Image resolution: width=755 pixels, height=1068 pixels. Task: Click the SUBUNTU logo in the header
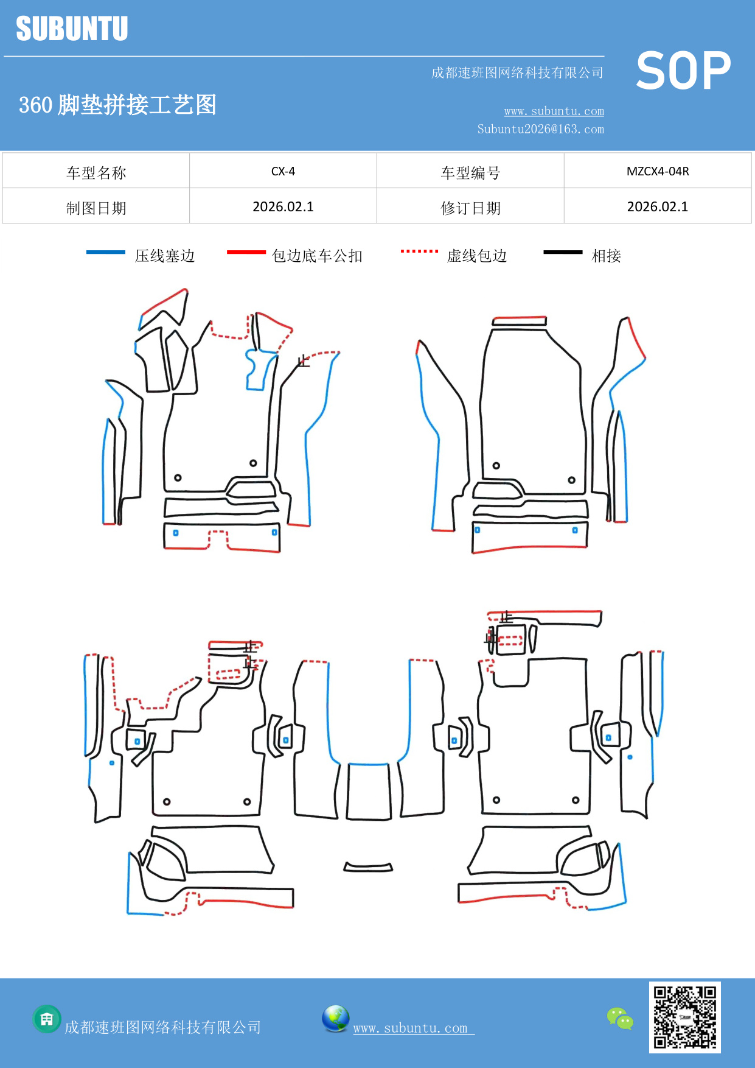(72, 29)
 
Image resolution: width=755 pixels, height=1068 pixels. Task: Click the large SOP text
(683, 71)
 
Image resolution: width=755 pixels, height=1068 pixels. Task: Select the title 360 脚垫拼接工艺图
(117, 105)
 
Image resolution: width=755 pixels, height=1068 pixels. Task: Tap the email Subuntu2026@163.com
(540, 129)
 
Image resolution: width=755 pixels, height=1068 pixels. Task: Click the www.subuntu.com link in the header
(554, 111)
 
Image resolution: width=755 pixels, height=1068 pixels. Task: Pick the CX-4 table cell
(283, 171)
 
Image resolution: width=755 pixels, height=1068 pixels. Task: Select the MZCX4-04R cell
(657, 171)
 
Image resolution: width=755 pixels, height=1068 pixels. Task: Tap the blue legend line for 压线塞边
(106, 252)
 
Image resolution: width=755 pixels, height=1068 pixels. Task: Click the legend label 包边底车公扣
(317, 256)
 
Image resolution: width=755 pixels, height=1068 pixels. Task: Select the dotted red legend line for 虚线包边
(419, 251)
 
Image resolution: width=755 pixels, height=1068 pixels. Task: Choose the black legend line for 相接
(563, 252)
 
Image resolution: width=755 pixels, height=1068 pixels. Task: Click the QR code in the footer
(684, 1017)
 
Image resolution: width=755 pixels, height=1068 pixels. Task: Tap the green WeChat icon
(620, 1019)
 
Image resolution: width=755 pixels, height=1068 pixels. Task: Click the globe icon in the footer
(335, 1019)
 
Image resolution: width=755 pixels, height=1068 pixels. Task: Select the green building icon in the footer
(47, 1019)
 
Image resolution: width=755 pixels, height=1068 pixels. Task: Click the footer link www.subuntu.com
(411, 1028)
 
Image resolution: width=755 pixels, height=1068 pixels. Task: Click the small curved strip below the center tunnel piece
(368, 867)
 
